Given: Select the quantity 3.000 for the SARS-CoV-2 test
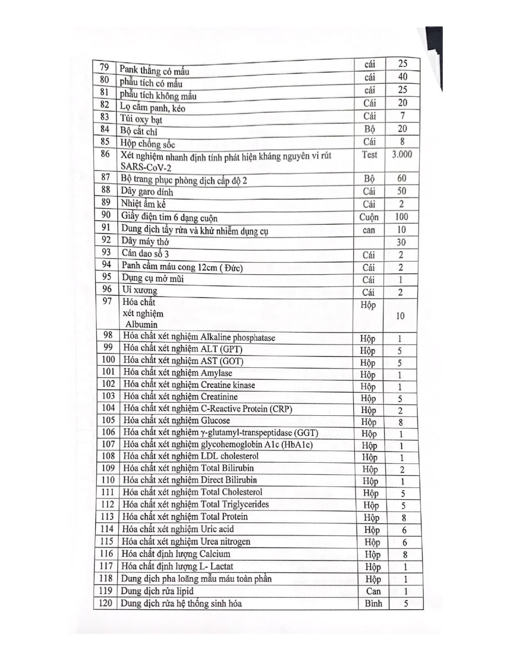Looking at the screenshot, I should click(402, 155).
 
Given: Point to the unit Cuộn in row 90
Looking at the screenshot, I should click(369, 217).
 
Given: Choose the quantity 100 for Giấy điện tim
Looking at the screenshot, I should click(402, 217).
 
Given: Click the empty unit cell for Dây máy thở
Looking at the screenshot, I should click(369, 242).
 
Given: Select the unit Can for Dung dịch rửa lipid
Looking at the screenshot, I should click(373, 591).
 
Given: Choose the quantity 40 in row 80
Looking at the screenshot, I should click(402, 77).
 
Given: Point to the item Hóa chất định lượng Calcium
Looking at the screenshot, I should click(177, 554).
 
